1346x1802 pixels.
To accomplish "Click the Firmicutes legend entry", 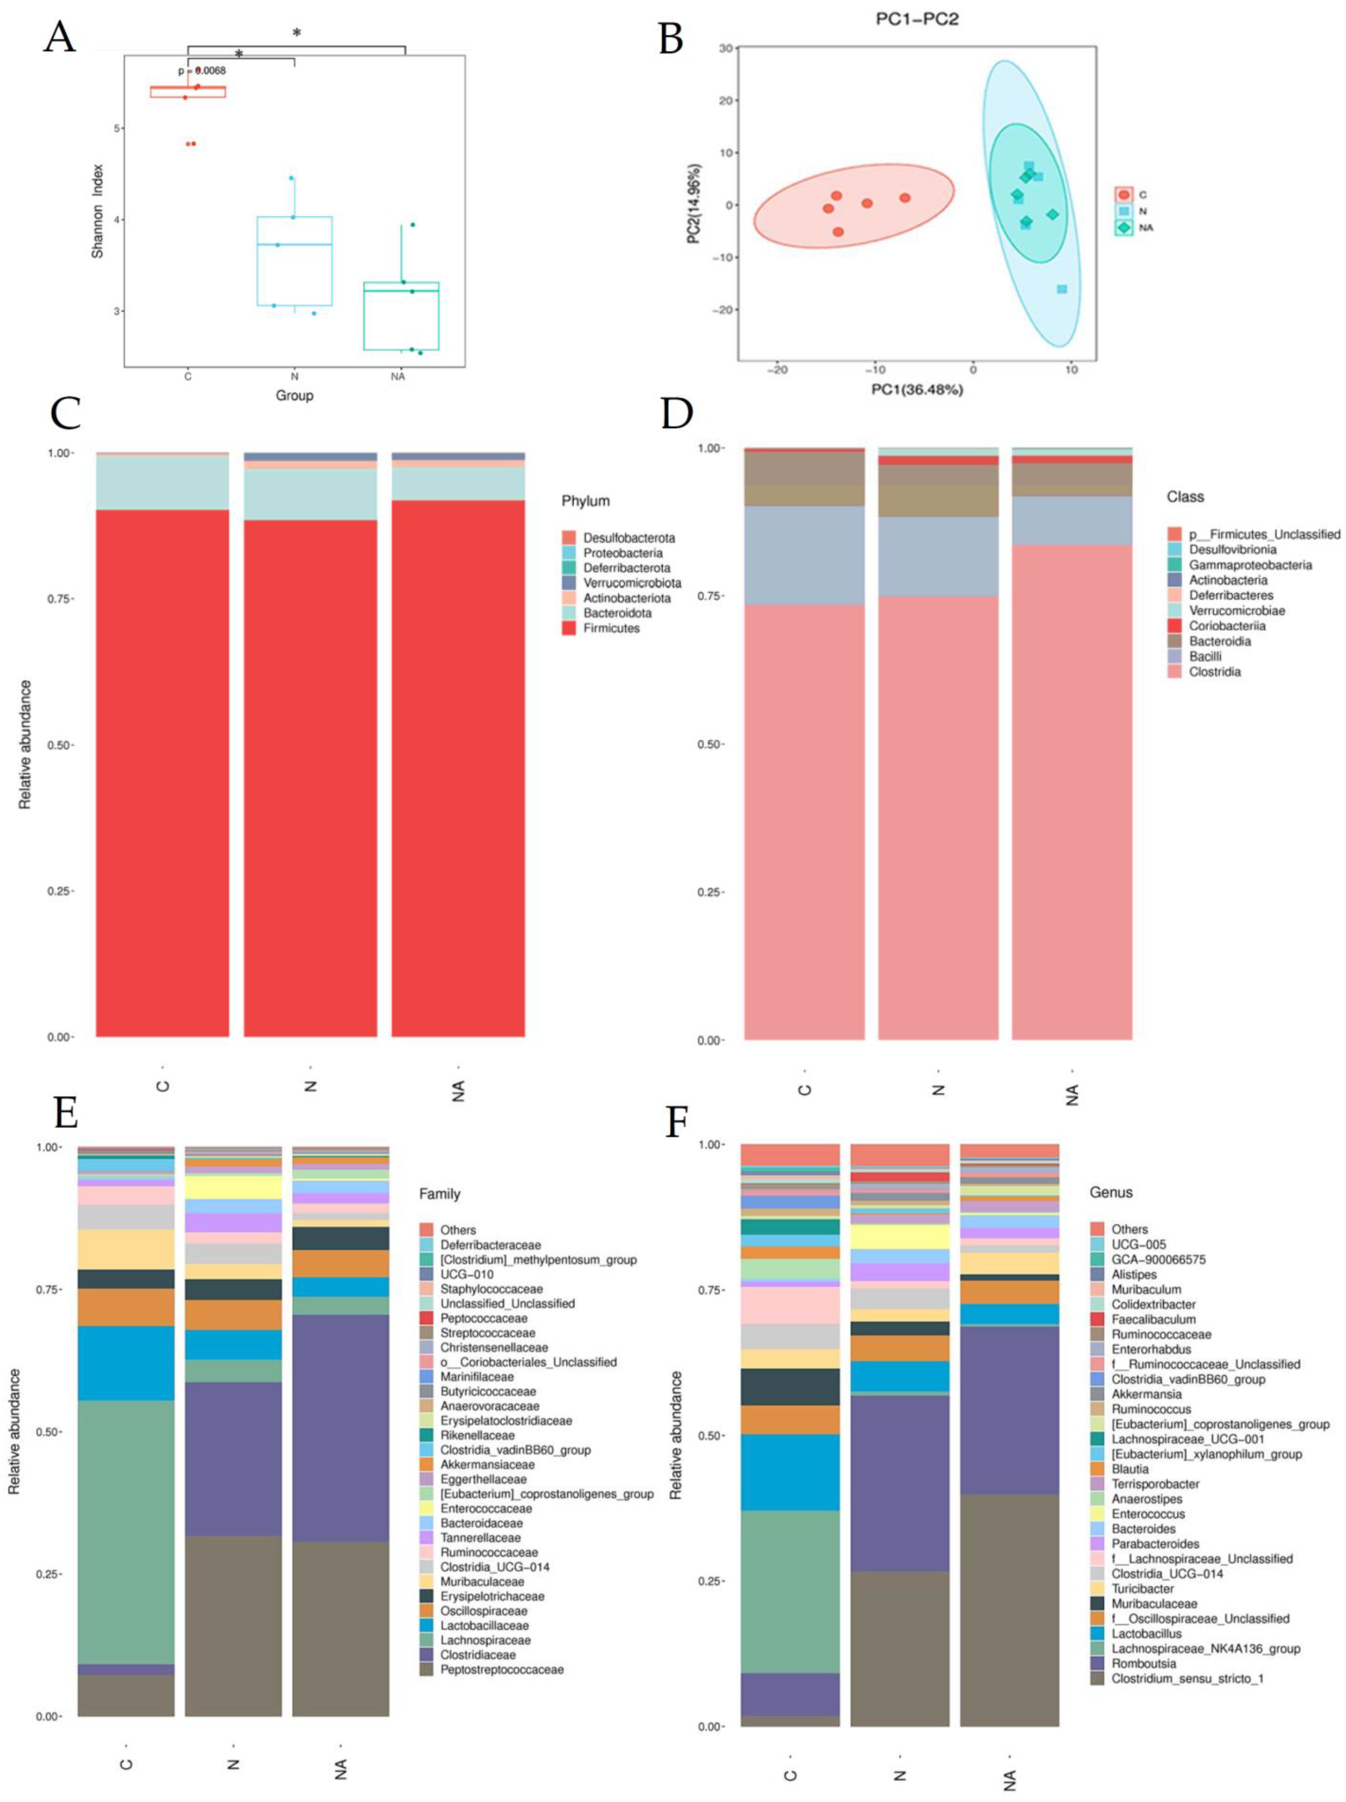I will point(611,628).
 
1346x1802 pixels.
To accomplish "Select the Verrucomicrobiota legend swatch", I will point(569,583).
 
